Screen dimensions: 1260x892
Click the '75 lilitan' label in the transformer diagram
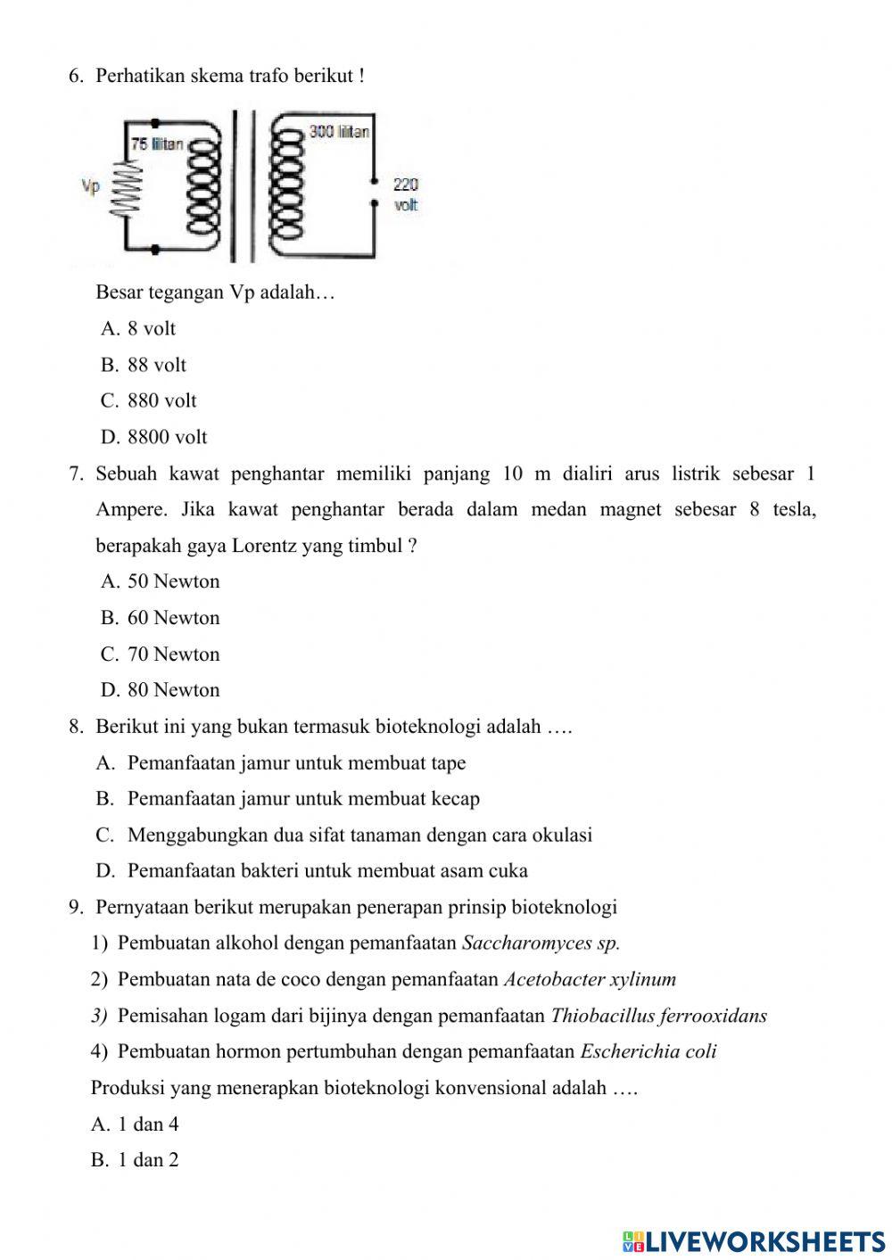click(x=157, y=144)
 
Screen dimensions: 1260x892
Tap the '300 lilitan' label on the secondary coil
click(x=339, y=132)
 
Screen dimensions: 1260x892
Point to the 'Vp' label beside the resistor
click(x=91, y=186)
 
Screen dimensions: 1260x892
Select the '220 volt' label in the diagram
click(x=406, y=194)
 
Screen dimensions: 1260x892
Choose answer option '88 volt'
click(x=156, y=365)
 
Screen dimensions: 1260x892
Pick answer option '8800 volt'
click(x=167, y=437)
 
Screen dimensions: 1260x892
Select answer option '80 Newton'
click(x=173, y=690)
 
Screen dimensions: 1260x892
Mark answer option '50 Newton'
click(x=173, y=581)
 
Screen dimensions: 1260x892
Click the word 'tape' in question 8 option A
click(x=448, y=763)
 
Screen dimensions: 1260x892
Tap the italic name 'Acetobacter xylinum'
click(x=590, y=979)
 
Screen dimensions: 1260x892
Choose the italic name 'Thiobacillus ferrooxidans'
click(x=659, y=1016)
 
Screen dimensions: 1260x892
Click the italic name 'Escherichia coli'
click(x=648, y=1051)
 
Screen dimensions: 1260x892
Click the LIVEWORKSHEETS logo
click(x=754, y=1240)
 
